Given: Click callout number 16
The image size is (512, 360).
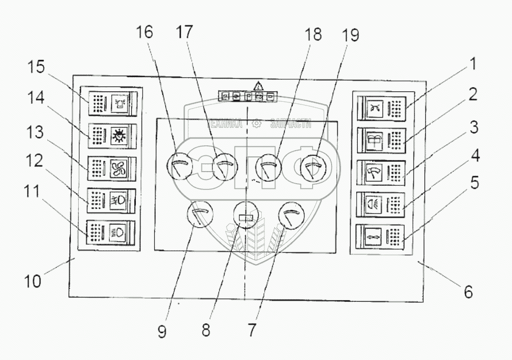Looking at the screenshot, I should pos(145,33).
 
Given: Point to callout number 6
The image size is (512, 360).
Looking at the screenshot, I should pos(467,291).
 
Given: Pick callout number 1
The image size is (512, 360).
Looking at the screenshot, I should pos(473,65).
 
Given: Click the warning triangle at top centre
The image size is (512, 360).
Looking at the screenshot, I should pos(258,86).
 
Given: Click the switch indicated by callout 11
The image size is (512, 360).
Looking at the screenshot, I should pos(110,232).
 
